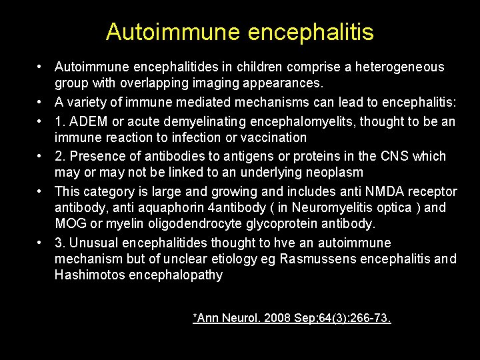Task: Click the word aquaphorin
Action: point(157,208)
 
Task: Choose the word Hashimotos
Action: point(89,275)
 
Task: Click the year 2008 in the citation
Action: point(278,318)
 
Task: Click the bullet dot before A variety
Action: point(41,102)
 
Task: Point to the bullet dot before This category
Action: point(41,191)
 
